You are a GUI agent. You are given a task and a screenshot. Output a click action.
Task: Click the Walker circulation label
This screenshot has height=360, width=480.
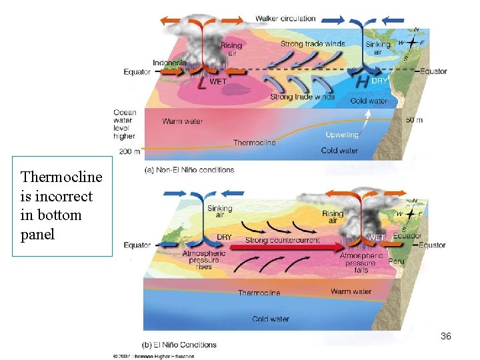[x=285, y=18]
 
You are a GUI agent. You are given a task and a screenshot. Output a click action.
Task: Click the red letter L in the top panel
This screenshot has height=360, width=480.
[x=202, y=83]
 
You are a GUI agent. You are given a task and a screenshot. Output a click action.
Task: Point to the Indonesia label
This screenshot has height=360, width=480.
[x=169, y=63]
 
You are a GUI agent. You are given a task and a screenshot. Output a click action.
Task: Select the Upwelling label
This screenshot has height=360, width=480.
[x=342, y=135]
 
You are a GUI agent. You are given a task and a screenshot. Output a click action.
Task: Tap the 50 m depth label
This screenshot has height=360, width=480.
[x=414, y=120]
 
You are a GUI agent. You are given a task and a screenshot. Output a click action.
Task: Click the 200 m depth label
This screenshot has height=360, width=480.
[x=130, y=152]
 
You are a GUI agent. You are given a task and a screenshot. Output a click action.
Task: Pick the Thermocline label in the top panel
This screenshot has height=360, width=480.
[x=254, y=143]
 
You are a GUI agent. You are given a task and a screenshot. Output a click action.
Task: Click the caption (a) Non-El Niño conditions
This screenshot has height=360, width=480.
[x=189, y=170]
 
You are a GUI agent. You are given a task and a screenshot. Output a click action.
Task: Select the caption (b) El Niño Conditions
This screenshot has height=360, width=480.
[x=180, y=345]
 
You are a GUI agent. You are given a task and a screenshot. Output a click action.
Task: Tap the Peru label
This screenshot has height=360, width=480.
[x=396, y=261]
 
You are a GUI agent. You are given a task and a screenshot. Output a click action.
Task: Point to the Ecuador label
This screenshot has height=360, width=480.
[x=407, y=236]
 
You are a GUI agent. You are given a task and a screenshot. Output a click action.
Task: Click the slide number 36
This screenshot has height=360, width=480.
[x=446, y=337]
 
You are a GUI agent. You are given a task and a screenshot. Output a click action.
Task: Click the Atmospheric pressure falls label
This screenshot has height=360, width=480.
[x=361, y=263]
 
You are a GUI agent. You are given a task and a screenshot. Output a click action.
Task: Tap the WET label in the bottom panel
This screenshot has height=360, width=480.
[x=376, y=237]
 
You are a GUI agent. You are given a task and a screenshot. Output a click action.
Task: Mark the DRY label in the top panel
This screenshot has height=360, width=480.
[x=379, y=80]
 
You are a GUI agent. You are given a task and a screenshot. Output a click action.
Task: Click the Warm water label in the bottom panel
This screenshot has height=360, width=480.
[x=351, y=291]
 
